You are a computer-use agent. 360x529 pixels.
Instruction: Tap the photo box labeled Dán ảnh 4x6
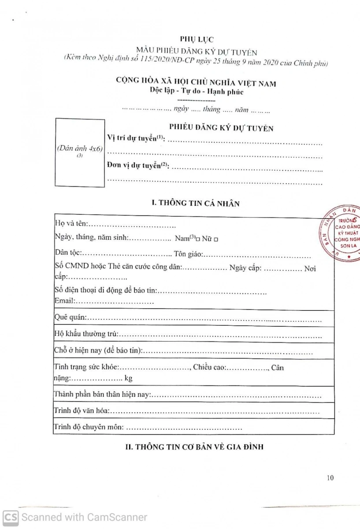coord(80,153)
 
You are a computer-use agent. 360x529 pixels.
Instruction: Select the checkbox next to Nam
coord(198,238)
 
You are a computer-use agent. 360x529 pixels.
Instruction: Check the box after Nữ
coord(216,238)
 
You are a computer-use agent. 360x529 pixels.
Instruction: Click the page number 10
coord(331,477)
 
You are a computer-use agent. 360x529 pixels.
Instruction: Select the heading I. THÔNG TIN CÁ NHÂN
coord(195,203)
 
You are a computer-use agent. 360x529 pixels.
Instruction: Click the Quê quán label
coord(70,317)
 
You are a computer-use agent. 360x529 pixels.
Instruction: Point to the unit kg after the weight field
coord(128,378)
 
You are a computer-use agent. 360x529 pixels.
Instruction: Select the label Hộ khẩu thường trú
coord(85,335)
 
